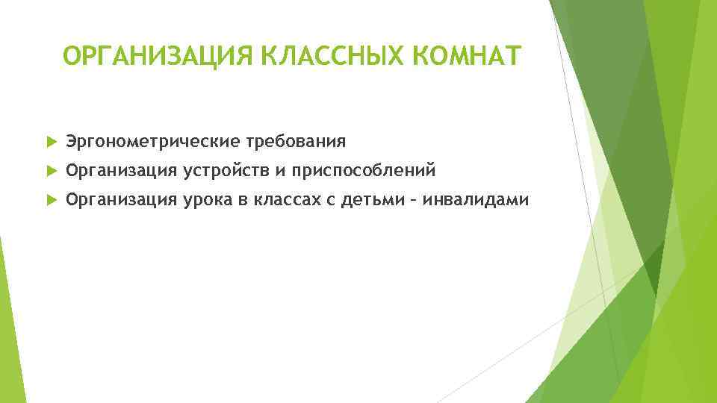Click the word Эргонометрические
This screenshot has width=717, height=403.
[x=149, y=141]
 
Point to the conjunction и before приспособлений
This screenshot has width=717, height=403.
[x=278, y=172]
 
